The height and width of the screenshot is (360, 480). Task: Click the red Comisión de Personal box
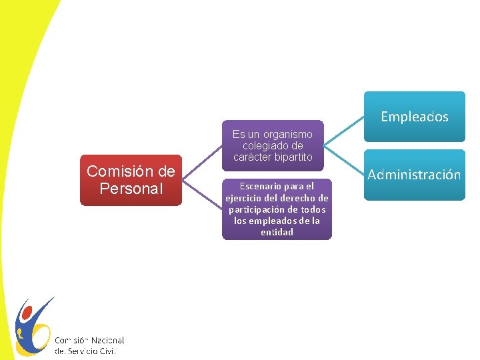(131, 180)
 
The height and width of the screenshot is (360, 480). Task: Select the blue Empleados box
(414, 117)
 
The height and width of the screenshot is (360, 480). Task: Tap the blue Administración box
(414, 175)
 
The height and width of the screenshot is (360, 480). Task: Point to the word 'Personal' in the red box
(131, 189)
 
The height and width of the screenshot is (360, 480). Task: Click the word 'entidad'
(277, 232)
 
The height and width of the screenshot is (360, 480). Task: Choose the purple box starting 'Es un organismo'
(273, 145)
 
